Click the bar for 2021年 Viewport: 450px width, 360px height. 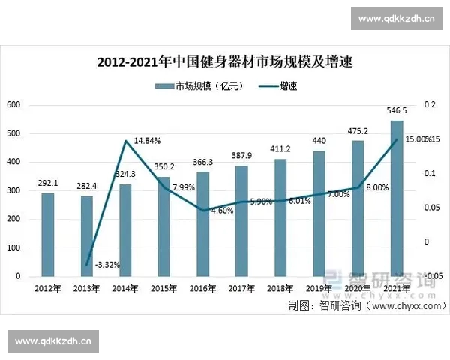[x=397, y=198]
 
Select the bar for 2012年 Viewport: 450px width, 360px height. [x=47, y=235]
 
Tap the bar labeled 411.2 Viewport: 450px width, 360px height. [x=280, y=217]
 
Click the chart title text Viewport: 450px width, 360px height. [x=225, y=62]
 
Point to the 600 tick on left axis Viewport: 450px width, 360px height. [x=13, y=105]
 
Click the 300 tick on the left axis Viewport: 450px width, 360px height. [x=13, y=190]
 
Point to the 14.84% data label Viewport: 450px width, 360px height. [x=147, y=140]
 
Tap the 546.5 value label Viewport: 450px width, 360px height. [x=396, y=110]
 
